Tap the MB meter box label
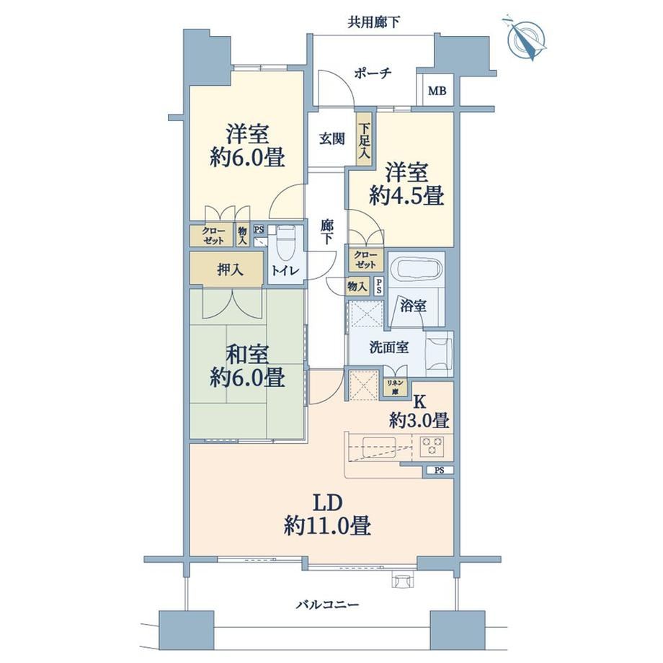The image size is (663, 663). point(437,91)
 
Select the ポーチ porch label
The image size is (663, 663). point(373,74)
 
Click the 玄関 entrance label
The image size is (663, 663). point(331,138)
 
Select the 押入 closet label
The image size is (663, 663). point(230,269)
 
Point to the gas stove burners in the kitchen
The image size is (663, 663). point(432,446)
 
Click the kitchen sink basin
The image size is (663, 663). point(379,448)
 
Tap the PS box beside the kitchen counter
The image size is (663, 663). point(438,470)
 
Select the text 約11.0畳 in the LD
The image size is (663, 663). point(327,527)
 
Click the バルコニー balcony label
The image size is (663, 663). point(327,604)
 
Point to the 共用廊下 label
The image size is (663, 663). point(374,22)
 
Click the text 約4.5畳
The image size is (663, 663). point(406,195)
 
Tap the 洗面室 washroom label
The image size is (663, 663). point(389,347)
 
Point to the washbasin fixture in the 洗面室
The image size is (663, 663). point(438,354)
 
